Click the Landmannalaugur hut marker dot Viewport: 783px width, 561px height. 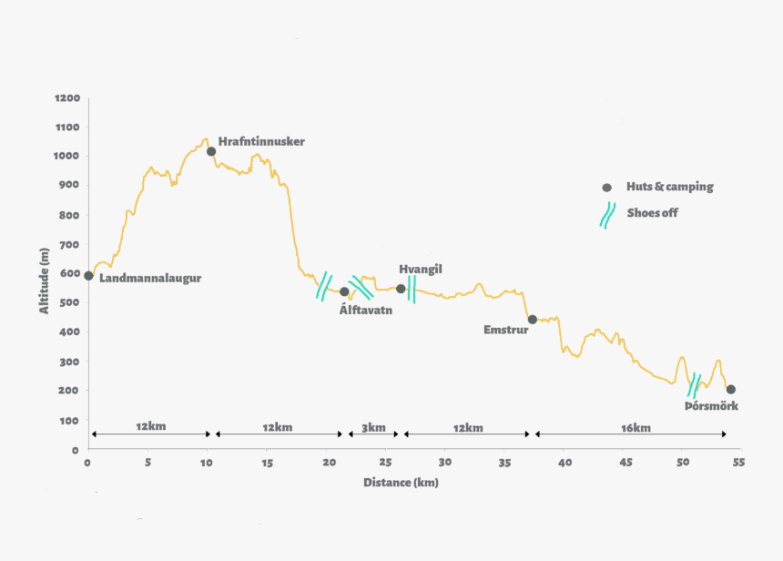pos(88,275)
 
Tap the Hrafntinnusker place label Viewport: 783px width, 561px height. pos(261,141)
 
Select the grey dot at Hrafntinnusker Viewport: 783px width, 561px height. pos(210,151)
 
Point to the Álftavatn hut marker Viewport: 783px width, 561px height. pos(344,291)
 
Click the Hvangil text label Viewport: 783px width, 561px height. pos(420,270)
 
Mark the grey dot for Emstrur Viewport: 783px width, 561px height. pos(532,319)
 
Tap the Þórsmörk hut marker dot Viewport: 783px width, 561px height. pos(730,389)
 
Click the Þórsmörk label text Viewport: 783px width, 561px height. pos(711,405)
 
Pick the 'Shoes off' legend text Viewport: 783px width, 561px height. pos(652,213)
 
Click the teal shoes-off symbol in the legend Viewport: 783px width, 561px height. pos(606,215)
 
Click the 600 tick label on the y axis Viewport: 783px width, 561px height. pos(70,273)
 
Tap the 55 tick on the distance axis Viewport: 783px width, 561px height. pos(738,462)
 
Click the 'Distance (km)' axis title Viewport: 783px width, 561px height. pos(401,482)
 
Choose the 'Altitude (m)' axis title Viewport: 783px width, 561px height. pos(44,280)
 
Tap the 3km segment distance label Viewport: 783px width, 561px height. pos(373,428)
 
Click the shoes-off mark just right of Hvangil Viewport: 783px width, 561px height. pos(412,289)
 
